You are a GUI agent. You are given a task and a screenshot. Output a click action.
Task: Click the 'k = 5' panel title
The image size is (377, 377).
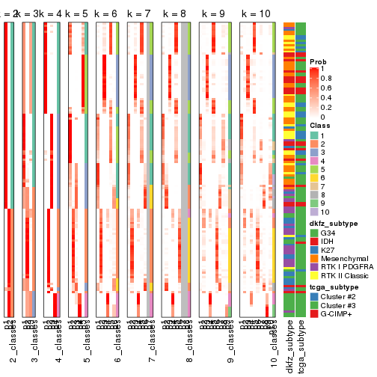77,15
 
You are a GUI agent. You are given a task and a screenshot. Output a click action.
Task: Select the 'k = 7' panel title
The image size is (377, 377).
140,15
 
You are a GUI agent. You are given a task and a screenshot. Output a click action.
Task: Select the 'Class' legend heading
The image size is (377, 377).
319,126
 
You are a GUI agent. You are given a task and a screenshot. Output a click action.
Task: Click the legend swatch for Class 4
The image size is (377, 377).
314,161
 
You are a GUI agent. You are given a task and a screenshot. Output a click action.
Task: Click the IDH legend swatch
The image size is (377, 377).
314,241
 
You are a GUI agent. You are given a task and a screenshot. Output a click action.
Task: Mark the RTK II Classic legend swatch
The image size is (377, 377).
314,277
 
